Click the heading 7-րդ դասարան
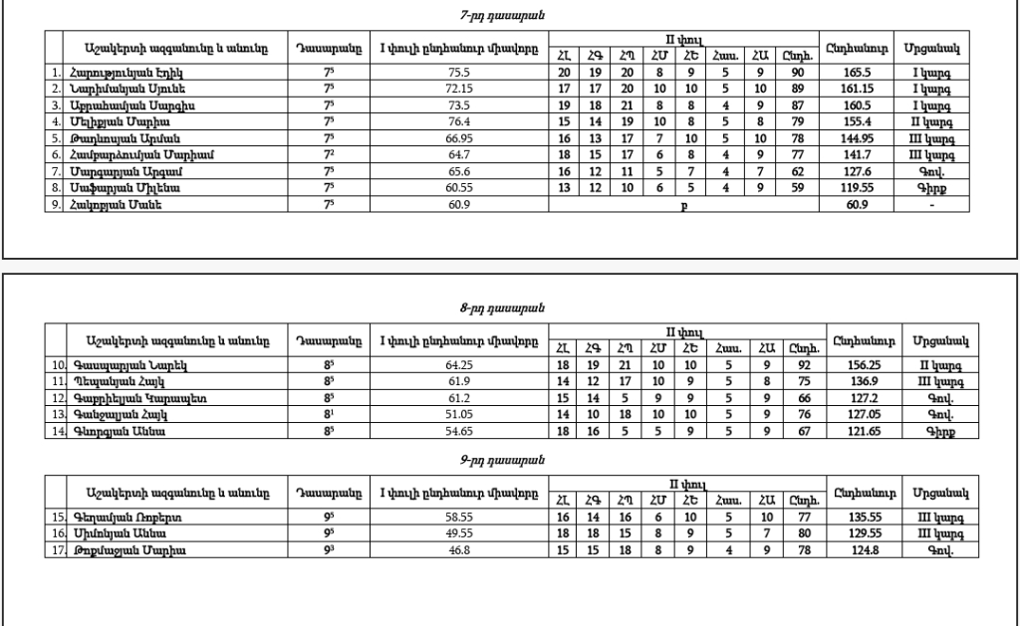tap(509, 16)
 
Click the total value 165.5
tap(850, 73)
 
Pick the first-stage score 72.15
tap(458, 89)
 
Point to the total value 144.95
tap(850, 137)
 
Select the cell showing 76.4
tap(458, 121)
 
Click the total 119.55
tap(850, 186)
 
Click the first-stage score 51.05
tap(458, 414)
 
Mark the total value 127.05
tap(850, 414)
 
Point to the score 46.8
tap(458, 550)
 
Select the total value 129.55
tap(850, 534)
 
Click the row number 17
tap(58, 550)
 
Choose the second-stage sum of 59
tap(797, 186)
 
